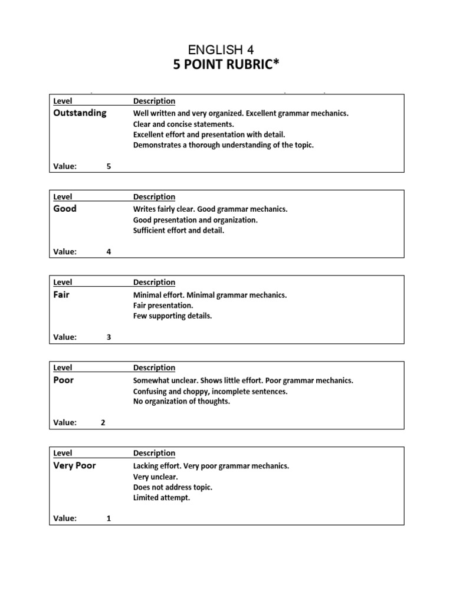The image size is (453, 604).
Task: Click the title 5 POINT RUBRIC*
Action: pos(226,65)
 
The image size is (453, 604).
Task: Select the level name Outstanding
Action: pos(80,113)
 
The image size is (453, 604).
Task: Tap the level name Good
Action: pos(65,208)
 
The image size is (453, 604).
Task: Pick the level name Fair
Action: pos(61,294)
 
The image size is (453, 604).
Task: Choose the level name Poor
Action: pos(63,380)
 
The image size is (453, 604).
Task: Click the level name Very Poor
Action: pos(74,465)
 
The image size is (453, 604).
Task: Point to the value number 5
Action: pos(109,166)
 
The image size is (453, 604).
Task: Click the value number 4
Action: pos(109,252)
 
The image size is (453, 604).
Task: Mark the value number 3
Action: pos(109,337)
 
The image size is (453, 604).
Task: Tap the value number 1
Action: pos(109,518)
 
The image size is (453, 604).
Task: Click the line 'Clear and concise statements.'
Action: pos(183,124)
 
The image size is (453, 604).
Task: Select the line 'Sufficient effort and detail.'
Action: pos(179,231)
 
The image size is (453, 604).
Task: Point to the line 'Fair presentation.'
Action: pos(163,306)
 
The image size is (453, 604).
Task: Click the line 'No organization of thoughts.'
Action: pos(181,402)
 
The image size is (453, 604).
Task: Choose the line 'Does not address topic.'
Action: pos(173,487)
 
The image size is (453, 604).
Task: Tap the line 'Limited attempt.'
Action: pos(162,498)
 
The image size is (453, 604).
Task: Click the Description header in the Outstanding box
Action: pos(154,101)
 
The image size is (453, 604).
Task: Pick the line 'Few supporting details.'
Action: pos(172,316)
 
